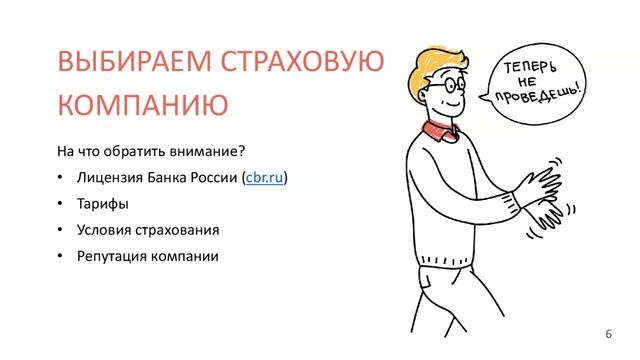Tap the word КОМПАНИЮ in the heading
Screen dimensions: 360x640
coord(134,104)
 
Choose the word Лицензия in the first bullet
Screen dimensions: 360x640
coord(109,178)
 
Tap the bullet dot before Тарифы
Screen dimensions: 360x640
coord(62,204)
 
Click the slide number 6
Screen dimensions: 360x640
coord(609,333)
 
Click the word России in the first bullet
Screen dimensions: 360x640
coord(209,178)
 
